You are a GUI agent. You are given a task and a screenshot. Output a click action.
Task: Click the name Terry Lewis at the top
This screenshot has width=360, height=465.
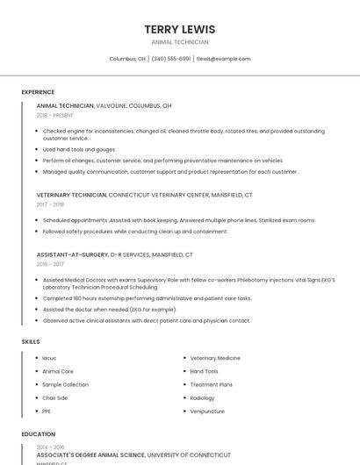tap(180, 29)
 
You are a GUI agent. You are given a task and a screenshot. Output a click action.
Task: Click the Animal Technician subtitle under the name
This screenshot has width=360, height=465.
tap(180, 42)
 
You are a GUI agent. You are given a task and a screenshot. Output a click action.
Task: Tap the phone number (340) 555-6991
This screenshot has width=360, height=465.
tap(171, 59)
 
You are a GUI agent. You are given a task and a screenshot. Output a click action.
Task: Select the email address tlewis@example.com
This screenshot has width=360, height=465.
tap(223, 59)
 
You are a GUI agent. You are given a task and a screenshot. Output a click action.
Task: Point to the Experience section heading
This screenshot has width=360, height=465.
tap(38, 92)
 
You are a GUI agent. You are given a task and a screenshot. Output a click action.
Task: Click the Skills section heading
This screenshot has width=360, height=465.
tap(31, 341)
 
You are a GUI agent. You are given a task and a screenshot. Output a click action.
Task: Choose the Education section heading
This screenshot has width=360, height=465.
tap(39, 434)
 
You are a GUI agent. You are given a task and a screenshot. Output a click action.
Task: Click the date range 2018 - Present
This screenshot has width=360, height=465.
tap(54, 115)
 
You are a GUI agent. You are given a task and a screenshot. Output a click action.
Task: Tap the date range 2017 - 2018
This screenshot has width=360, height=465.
tap(50, 204)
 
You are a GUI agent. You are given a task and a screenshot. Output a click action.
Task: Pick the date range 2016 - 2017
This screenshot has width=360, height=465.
tap(50, 264)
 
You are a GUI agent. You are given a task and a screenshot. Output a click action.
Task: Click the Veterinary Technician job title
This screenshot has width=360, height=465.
tap(71, 195)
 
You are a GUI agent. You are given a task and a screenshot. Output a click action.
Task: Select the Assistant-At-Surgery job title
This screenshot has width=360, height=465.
tap(71, 254)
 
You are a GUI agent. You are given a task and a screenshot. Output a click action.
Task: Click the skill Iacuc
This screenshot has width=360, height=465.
tap(49, 358)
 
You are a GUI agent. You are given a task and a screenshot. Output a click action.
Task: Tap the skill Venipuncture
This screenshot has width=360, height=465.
tap(207, 411)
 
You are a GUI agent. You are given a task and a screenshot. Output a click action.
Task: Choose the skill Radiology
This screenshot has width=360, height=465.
tap(202, 397)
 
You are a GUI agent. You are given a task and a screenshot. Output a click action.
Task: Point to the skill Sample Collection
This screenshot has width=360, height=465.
tap(65, 384)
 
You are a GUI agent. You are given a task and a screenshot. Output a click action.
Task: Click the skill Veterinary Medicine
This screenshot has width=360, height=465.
tap(215, 358)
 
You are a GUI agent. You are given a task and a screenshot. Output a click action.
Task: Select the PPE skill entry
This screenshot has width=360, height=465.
tap(47, 411)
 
